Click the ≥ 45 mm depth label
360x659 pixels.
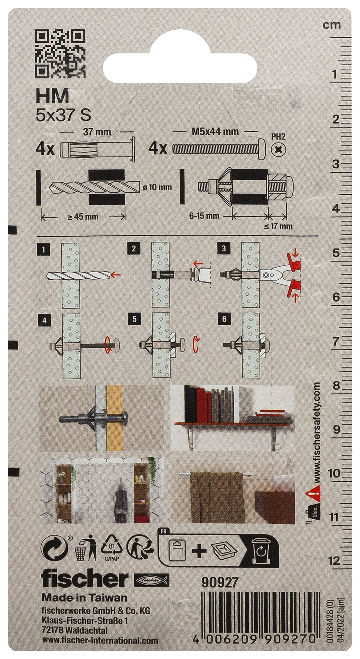[x=83, y=217]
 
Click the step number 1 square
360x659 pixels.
[x=43, y=249]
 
